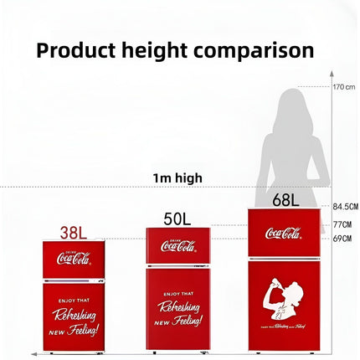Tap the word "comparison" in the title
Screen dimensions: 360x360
pos(255,50)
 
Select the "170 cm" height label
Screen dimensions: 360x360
pos(344,87)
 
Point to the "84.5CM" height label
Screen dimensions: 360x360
pos(345,207)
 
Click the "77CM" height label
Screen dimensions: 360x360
pos(342,224)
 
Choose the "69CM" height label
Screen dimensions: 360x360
pos(342,239)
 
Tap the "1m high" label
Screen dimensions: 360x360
pos(177,178)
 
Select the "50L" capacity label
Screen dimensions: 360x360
pos(177,219)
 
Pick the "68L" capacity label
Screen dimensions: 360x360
pos(285,200)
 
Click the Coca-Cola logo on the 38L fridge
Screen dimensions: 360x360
pos(74,259)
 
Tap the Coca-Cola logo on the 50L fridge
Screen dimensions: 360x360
pos(177,245)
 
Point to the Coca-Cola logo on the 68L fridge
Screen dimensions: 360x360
pos(284,233)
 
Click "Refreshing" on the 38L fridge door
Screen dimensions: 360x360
pos(74,314)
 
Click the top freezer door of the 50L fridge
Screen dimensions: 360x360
pos(177,247)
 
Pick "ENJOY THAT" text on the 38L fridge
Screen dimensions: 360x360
pos(74,298)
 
